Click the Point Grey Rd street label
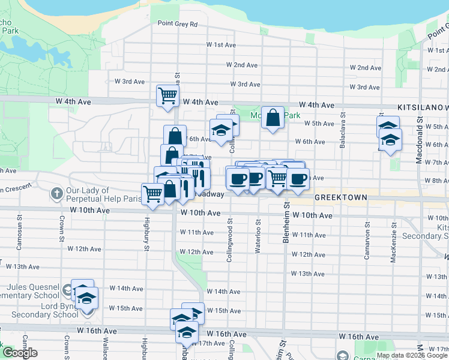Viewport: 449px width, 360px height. tap(178, 24)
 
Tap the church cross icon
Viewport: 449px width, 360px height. tap(56, 193)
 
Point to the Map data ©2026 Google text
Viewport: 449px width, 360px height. tap(412, 355)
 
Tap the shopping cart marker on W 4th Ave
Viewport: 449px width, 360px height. tap(168, 95)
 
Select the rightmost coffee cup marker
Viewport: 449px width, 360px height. tap(298, 178)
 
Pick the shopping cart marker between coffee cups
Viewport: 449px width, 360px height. tap(277, 178)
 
